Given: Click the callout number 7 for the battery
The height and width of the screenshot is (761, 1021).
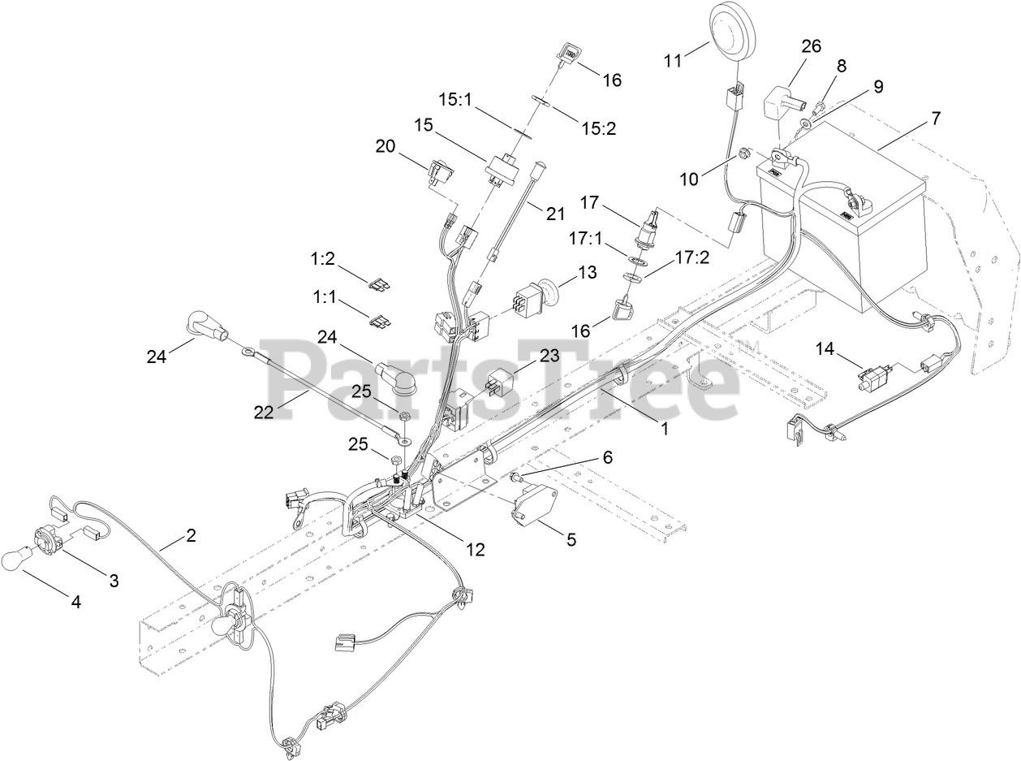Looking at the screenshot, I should (936, 118).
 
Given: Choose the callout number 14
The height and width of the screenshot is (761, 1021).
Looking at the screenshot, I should (825, 348).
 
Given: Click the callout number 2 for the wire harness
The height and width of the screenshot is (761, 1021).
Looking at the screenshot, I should (191, 536).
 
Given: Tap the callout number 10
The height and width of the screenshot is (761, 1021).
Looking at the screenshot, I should (689, 179).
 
